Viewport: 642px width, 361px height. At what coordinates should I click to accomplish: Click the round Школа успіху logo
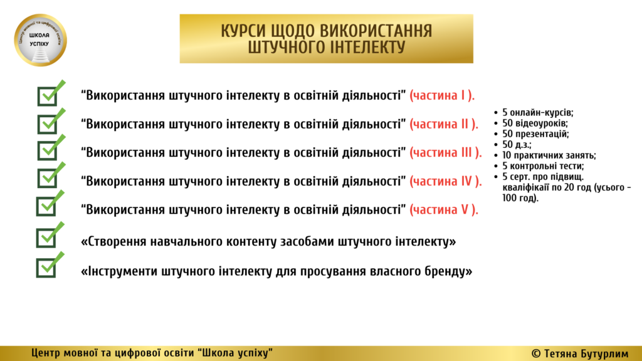click(x=40, y=40)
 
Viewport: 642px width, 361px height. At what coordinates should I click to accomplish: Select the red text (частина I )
click(x=442, y=95)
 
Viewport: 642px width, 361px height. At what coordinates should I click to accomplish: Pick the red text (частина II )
click(x=444, y=124)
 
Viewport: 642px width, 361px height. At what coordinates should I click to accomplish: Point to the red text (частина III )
click(x=446, y=153)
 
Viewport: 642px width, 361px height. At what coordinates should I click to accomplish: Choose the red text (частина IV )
click(x=446, y=181)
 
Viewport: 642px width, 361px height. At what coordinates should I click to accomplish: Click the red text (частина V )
click(x=444, y=210)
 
